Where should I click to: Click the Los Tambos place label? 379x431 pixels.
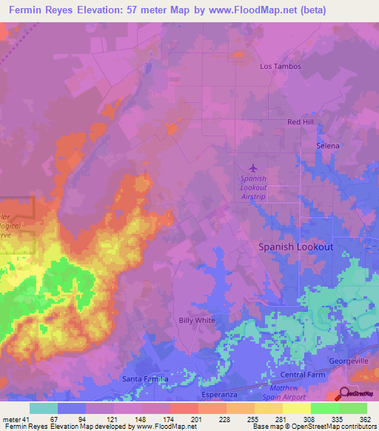pos(281,66)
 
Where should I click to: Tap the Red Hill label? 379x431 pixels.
pos(302,121)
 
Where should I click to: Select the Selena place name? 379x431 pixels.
pos(328,146)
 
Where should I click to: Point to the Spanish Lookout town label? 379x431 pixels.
pos(295,247)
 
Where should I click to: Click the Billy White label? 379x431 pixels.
pos(197,321)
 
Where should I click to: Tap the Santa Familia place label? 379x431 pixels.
pos(144,378)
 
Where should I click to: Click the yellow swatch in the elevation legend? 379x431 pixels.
pos(297,408)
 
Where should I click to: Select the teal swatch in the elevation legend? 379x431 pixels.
pos(44,408)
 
